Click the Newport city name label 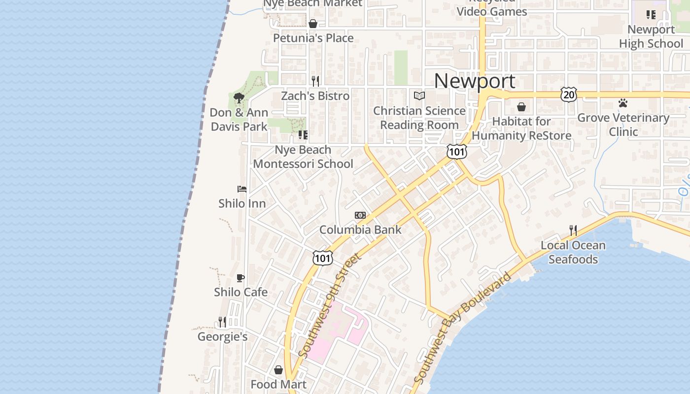(x=475, y=81)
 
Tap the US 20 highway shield (x=568, y=94)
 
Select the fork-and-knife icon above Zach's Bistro (x=315, y=81)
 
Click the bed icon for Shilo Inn (x=241, y=189)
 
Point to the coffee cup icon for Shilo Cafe (x=241, y=278)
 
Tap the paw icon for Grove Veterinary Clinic (x=623, y=103)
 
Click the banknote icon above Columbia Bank (x=360, y=215)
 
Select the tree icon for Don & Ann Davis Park (x=239, y=98)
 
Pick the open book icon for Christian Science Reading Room (x=419, y=96)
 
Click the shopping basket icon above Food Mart (x=278, y=370)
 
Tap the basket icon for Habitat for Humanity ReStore (x=521, y=107)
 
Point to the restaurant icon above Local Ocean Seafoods (x=573, y=230)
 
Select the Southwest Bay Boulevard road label (x=462, y=328)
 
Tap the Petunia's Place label (x=313, y=38)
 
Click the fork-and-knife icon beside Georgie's (x=222, y=322)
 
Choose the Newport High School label (x=651, y=36)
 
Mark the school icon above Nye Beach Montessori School (x=303, y=134)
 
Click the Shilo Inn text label (x=242, y=203)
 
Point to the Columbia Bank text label (x=360, y=230)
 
